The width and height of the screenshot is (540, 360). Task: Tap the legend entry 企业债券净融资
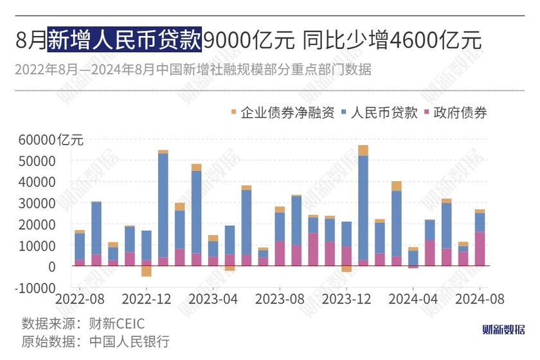tap(282, 113)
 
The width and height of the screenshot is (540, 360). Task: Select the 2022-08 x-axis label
tap(80, 300)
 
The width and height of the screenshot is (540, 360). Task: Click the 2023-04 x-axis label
tap(213, 300)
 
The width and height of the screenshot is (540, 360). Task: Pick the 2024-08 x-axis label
tap(480, 300)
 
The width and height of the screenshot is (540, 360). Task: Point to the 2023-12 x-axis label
tap(346, 300)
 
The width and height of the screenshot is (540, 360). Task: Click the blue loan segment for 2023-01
tap(163, 206)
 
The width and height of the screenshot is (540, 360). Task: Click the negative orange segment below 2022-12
tap(147, 271)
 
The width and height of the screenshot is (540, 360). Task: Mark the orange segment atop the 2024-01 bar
tap(363, 150)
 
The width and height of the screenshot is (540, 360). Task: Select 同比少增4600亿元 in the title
tap(390, 40)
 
